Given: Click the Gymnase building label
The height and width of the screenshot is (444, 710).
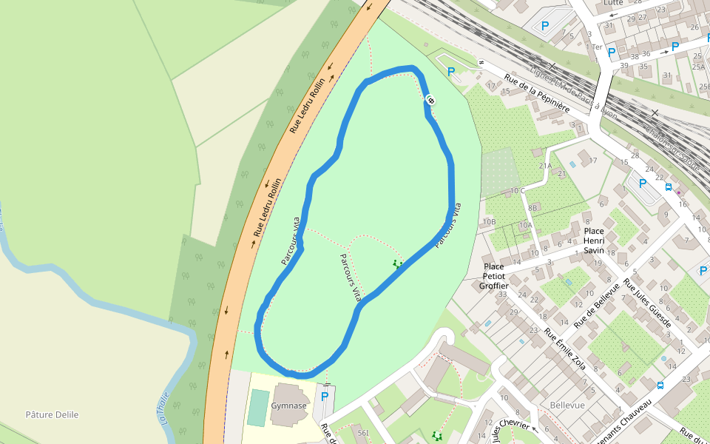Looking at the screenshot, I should (288, 406).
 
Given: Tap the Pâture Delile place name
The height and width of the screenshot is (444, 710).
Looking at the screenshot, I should (52, 414).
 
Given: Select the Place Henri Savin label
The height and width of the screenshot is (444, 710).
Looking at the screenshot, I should (594, 240).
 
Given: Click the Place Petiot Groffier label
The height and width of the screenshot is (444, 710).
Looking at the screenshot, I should (493, 276).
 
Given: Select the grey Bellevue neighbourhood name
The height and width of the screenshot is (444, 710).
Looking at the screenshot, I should (567, 406).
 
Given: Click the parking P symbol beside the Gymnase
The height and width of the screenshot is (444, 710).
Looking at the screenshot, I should (324, 396).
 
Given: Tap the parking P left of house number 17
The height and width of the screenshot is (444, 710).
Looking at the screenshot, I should (451, 72).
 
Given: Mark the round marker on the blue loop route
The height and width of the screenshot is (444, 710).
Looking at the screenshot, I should (430, 101).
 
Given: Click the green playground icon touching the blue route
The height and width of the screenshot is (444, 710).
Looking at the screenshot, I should (398, 263).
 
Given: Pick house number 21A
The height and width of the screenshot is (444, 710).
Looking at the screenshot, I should (546, 166).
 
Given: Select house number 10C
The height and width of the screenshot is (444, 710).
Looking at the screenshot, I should (517, 191).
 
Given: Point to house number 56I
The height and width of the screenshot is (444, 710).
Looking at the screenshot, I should (362, 432).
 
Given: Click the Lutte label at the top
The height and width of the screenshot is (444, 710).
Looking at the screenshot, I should (613, 3).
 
